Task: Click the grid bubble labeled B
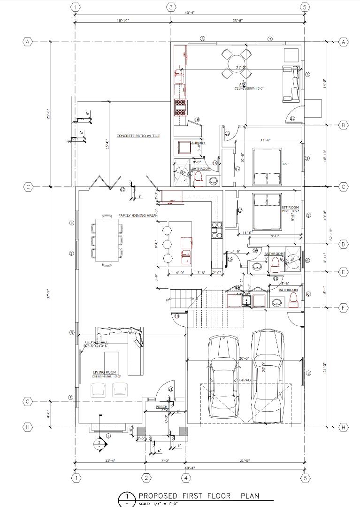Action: (x=343, y=125)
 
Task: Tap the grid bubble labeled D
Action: (x=343, y=244)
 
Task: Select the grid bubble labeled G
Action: (x=28, y=401)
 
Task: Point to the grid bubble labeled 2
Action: (x=146, y=478)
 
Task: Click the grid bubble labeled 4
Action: (x=187, y=478)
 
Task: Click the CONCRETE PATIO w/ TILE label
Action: (x=138, y=136)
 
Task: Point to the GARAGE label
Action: (x=245, y=380)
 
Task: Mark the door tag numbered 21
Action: (x=170, y=389)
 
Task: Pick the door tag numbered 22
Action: (x=123, y=190)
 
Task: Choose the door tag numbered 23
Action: (x=292, y=119)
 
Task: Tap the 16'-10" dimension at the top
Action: (x=123, y=21)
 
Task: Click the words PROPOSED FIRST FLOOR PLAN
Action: (x=199, y=496)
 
